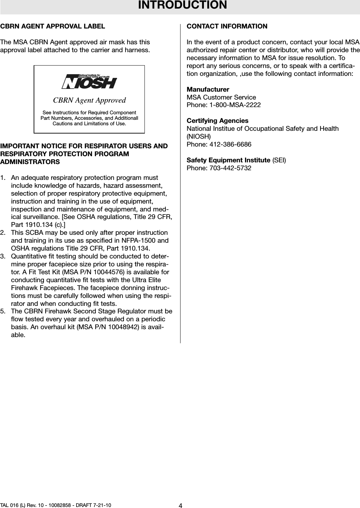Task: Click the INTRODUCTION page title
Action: (182, 5)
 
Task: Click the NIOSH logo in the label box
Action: (89, 81)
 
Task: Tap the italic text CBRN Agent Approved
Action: (89, 100)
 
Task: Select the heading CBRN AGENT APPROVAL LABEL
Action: (53, 26)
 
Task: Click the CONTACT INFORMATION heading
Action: (227, 26)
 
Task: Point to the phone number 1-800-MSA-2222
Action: (237, 105)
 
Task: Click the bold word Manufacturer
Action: (208, 90)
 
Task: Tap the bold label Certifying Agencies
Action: (218, 121)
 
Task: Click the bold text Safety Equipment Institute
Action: (228, 160)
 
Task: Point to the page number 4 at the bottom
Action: (180, 505)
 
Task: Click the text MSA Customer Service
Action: (221, 97)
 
